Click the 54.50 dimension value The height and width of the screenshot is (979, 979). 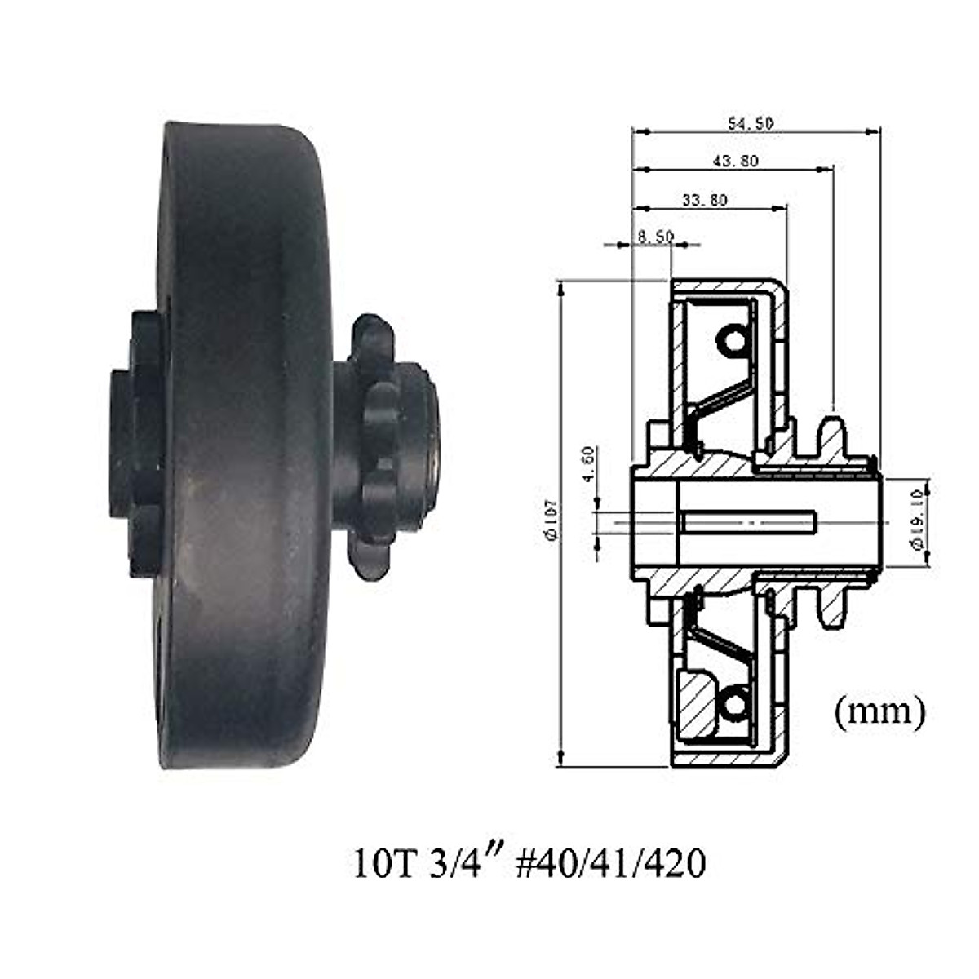coord(751,124)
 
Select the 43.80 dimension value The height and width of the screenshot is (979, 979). coord(735,162)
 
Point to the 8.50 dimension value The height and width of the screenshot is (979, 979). coord(655,237)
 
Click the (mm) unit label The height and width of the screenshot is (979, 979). coord(879,711)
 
